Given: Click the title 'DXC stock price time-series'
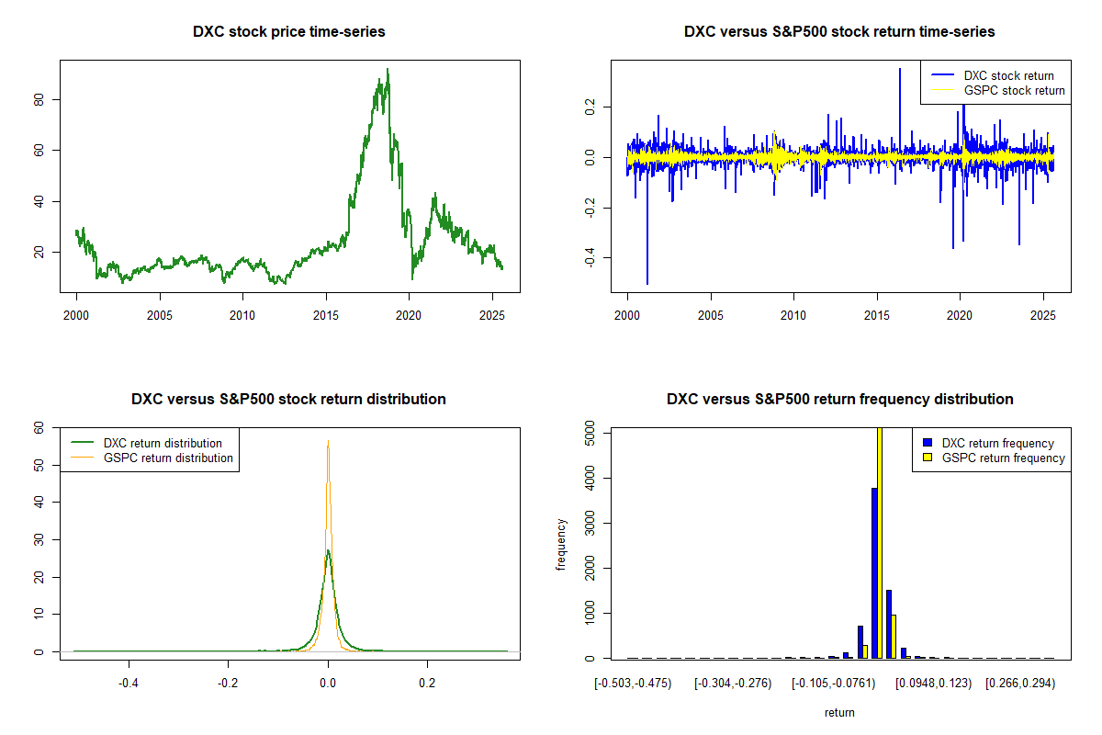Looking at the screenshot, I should (x=288, y=32).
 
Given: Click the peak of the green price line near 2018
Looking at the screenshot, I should (x=388, y=70).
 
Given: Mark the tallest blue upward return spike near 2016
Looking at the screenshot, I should (x=900, y=70).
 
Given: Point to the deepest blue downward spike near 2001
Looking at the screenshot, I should (x=647, y=283).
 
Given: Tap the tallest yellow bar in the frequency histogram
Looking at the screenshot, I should (x=880, y=542).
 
